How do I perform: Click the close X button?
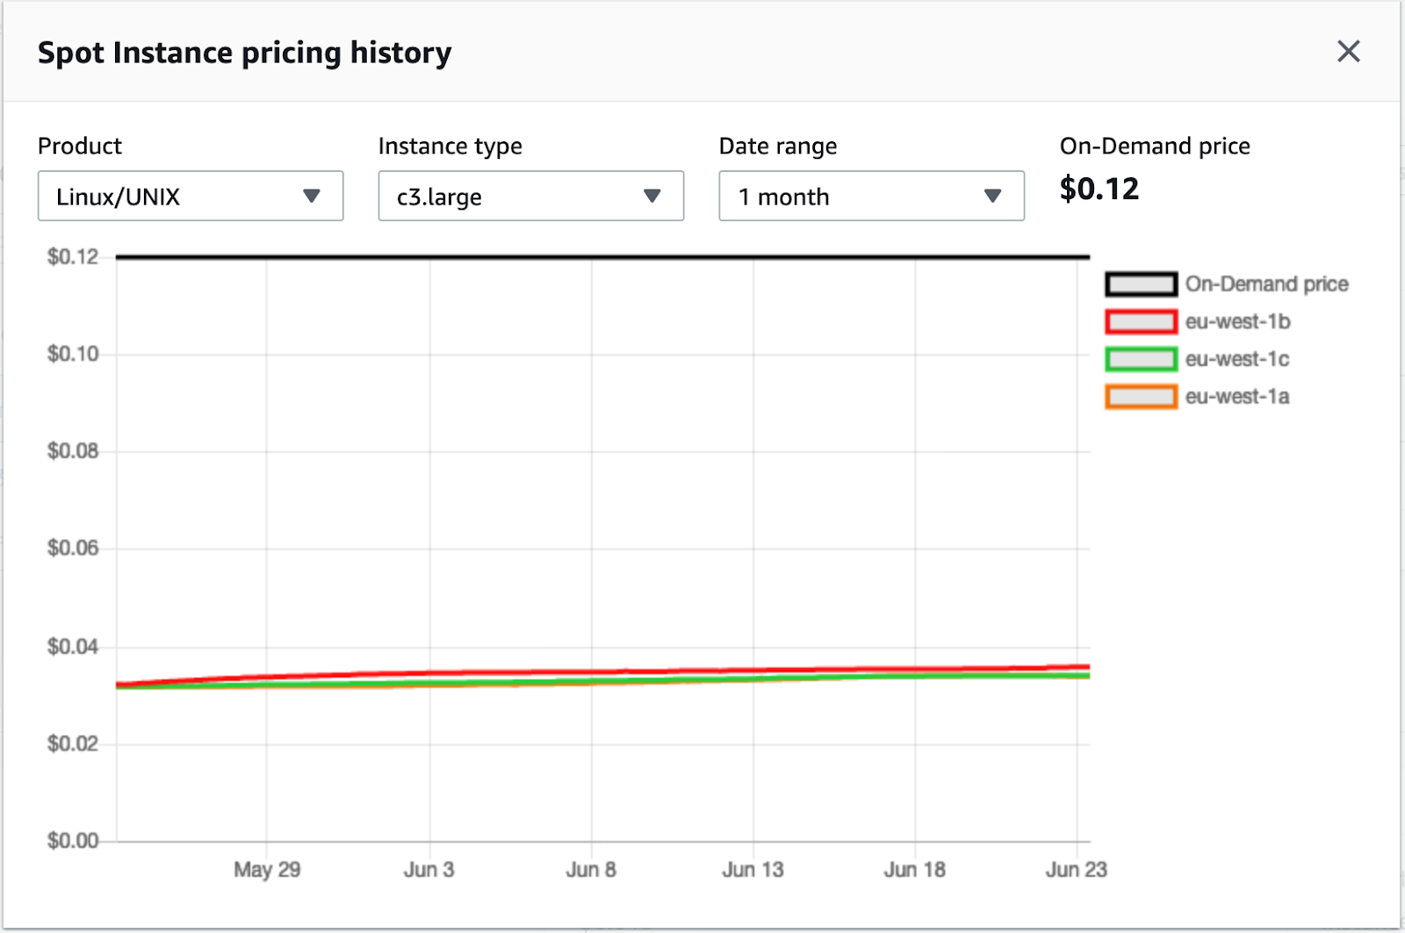(x=1348, y=52)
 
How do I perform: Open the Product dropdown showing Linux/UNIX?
(x=190, y=196)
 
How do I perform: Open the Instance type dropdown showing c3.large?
(x=530, y=196)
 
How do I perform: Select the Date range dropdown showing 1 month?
(x=871, y=196)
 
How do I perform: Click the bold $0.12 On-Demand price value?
(x=1099, y=189)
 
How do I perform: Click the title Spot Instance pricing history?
(x=244, y=53)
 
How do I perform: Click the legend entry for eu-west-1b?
(x=1237, y=322)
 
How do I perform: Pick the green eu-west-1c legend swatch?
(x=1141, y=360)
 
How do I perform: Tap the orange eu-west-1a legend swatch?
(x=1141, y=398)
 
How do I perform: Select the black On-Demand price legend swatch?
(x=1141, y=284)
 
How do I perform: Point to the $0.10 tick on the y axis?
(x=73, y=354)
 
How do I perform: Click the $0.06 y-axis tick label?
(x=73, y=549)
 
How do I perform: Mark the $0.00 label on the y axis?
(x=73, y=841)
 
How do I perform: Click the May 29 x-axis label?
(x=267, y=870)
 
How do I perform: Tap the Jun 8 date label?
(x=591, y=870)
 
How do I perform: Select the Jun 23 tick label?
(x=1076, y=870)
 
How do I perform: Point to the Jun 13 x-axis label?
(x=753, y=870)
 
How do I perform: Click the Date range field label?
(x=777, y=146)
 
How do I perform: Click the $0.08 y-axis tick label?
(x=73, y=451)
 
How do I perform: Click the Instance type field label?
(x=450, y=146)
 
